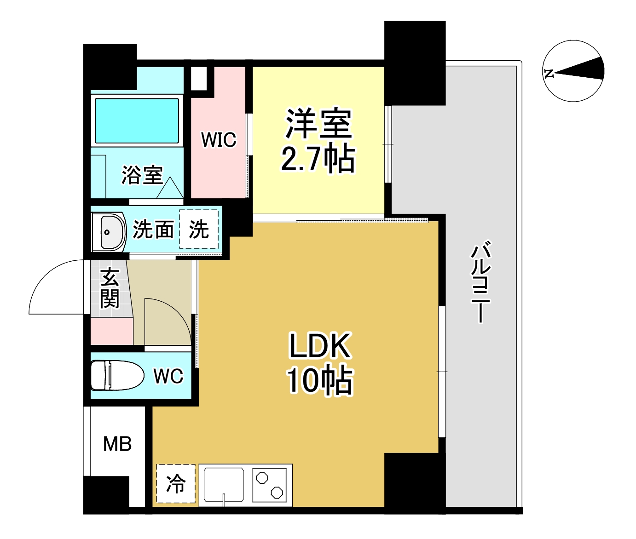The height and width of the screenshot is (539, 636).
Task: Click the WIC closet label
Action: pos(219,140)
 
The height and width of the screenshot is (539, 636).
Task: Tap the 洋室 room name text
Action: pos(318,124)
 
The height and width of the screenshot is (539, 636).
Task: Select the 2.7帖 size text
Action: pos(318,159)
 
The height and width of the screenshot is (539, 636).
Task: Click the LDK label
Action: pos(320,346)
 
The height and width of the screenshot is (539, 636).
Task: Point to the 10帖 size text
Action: pos(320,381)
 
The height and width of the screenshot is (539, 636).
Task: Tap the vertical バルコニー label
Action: pos(480,281)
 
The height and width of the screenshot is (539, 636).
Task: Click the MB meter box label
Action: pos(117,444)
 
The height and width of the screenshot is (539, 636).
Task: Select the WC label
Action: pos(168,376)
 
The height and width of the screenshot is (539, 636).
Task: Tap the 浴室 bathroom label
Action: pos(142,175)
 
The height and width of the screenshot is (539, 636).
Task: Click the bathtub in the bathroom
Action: pos(137,120)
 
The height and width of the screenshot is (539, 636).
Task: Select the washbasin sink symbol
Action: pos(109,232)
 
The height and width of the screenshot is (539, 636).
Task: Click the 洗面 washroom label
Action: pos(153,229)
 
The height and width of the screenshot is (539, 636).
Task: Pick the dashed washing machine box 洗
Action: pos(199,229)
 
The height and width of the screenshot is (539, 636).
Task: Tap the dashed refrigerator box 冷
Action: pos(176,484)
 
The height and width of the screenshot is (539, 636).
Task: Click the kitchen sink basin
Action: pos(224,484)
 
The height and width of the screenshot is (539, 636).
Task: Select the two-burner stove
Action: pos(270,485)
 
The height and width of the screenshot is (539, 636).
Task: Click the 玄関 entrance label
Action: pos(110,288)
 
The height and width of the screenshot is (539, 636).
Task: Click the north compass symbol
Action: pos(573,71)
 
